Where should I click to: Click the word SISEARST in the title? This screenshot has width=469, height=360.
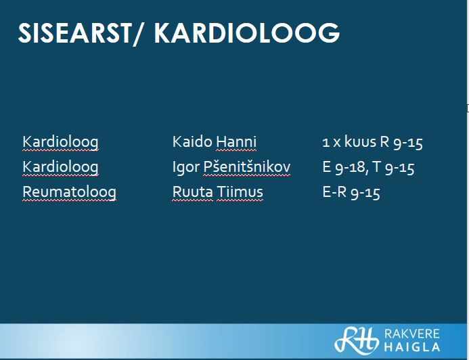tap(74, 32)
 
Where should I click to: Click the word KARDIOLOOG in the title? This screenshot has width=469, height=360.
tap(247, 32)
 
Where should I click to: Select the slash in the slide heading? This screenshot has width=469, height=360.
tap(138, 34)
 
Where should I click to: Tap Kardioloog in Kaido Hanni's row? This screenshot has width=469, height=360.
tap(60, 142)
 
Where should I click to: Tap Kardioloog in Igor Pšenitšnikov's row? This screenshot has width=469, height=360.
tap(60, 167)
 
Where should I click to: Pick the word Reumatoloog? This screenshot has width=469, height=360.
tap(70, 192)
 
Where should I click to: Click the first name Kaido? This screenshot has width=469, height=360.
tap(192, 141)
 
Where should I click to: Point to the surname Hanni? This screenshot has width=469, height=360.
tap(236, 141)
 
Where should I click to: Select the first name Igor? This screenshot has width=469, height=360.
tap(185, 167)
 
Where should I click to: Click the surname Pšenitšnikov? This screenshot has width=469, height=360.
tap(247, 167)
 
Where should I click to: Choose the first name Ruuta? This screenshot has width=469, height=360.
tap(193, 192)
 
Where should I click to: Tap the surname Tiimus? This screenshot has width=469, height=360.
tap(240, 192)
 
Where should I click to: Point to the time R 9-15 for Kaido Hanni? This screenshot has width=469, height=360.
tap(401, 142)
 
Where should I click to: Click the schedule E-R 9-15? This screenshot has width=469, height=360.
tap(351, 192)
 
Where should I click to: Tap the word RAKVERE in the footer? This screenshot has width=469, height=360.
tap(412, 334)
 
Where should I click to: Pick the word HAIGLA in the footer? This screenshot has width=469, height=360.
tap(412, 347)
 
